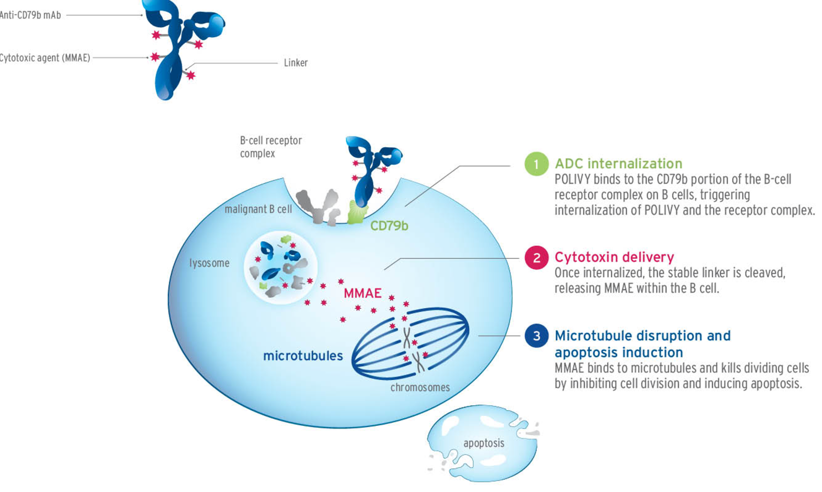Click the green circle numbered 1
(536, 164)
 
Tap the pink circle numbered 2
(536, 258)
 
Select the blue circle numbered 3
(536, 336)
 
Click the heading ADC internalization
(618, 164)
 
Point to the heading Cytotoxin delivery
(614, 257)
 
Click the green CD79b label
(389, 226)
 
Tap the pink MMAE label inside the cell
(362, 293)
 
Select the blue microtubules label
(303, 356)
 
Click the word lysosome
(209, 263)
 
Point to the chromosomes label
(420, 388)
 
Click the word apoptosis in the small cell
(484, 443)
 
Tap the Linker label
(295, 63)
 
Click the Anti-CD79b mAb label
(30, 15)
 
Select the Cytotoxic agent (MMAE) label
(45, 58)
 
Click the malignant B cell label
(258, 209)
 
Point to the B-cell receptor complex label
(271, 147)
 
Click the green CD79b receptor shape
(358, 212)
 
